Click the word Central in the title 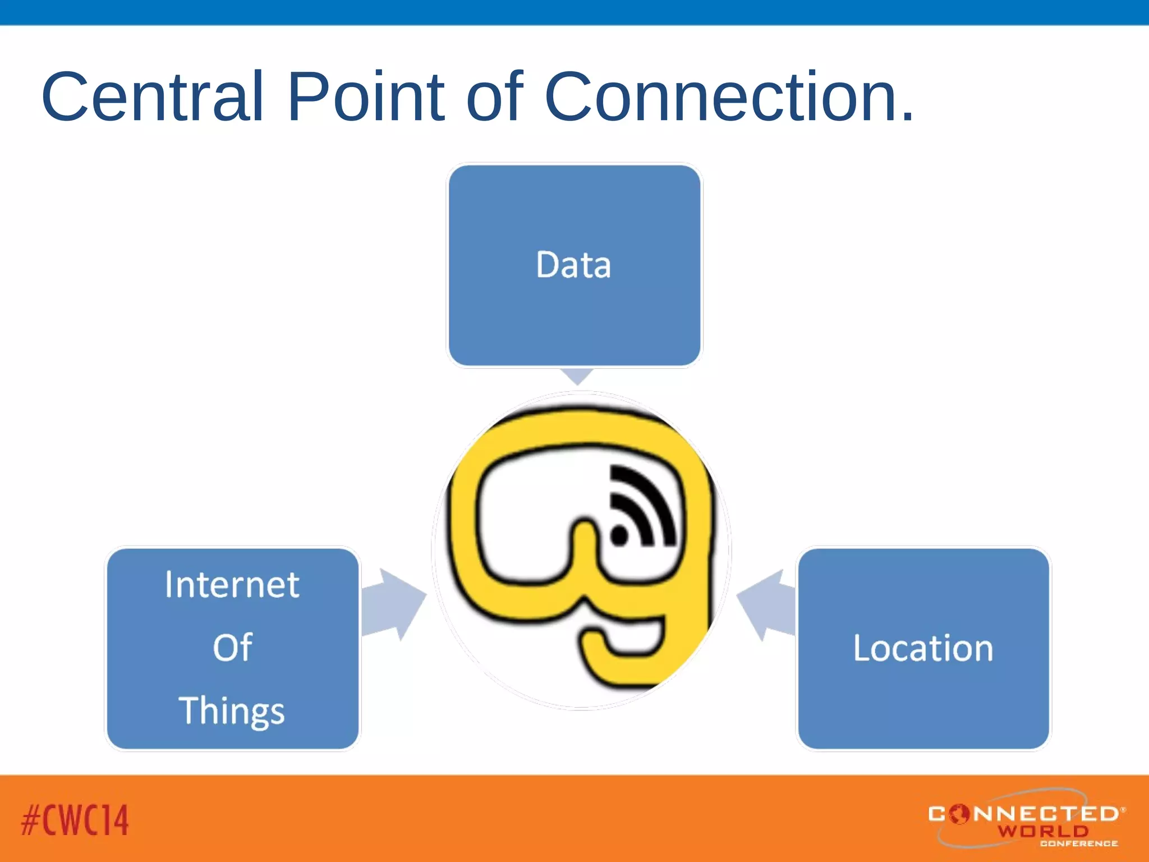[x=152, y=97]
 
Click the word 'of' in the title [x=494, y=97]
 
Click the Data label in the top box [x=573, y=265]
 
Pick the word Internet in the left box [x=232, y=585]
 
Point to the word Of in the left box [x=232, y=647]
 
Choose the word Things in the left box [x=232, y=710]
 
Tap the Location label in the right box [x=923, y=648]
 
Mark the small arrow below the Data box [x=577, y=375]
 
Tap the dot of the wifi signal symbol [x=619, y=534]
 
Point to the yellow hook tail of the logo [x=623, y=657]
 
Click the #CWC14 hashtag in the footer [x=75, y=820]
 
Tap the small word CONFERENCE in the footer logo [x=1078, y=843]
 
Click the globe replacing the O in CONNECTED [x=960, y=814]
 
